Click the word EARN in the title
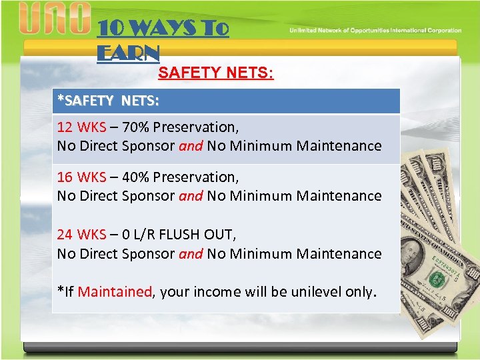tap(128, 53)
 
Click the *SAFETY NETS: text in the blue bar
tap(108, 101)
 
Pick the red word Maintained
tap(115, 291)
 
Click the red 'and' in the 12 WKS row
tap(191, 145)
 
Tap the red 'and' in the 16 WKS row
tap(191, 196)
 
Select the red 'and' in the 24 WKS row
tap(191, 253)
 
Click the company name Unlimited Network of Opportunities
tap(375, 31)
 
